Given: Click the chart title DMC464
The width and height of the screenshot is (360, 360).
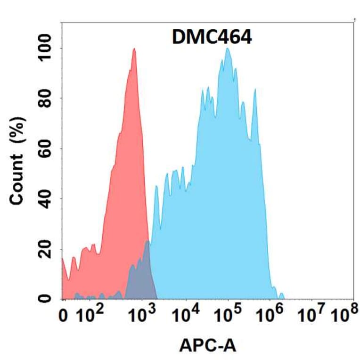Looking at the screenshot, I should coord(212,37).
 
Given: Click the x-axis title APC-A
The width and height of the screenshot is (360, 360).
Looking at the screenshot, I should coord(207,346).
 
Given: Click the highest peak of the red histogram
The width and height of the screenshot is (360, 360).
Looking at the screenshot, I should coord(134,49).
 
